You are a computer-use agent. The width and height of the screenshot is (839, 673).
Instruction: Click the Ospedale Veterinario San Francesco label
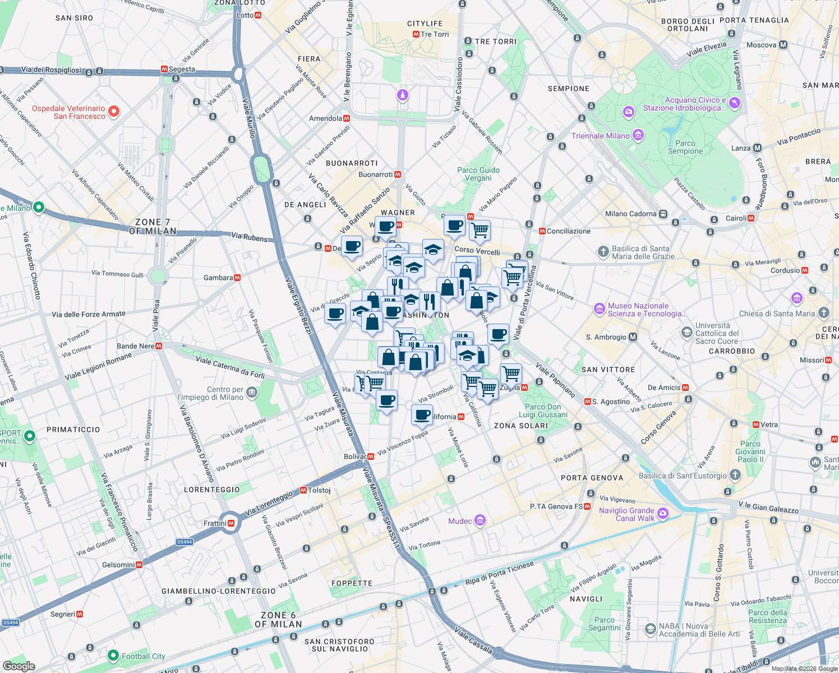68,112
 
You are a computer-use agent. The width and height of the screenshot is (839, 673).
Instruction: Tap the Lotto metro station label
246,15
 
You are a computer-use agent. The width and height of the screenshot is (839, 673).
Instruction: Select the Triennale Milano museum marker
638,135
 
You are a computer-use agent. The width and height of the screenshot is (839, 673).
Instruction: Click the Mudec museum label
460,521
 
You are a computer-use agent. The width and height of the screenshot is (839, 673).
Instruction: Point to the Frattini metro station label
215,523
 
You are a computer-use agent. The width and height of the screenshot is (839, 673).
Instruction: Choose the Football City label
143,656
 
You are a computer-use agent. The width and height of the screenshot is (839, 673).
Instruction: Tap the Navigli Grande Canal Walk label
626,514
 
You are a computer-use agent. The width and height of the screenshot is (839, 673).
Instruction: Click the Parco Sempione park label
685,147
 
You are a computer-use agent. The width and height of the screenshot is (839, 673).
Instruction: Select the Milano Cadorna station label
630,214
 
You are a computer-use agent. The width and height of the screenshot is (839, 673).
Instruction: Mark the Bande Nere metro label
135,346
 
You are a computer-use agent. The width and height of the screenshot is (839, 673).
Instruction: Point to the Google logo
19,666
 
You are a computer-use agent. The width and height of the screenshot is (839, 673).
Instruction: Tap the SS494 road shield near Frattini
184,542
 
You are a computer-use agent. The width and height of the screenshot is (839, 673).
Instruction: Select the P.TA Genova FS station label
556,506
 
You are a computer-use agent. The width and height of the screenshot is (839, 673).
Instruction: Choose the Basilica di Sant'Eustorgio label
683,476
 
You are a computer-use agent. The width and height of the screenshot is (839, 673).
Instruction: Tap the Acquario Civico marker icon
735,103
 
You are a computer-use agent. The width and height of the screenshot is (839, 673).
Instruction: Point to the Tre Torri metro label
434,34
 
